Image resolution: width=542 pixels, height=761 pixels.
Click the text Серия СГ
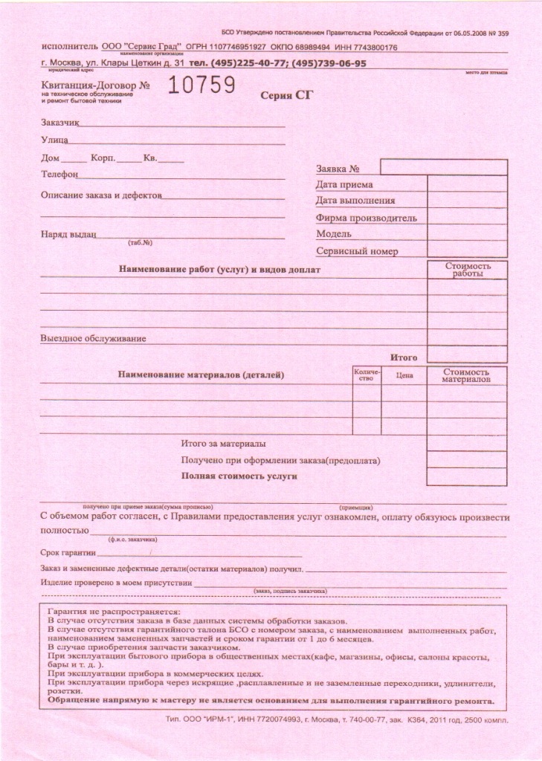[x=287, y=95]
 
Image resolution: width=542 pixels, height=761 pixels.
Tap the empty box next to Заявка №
[x=443, y=166]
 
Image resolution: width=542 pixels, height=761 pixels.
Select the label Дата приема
[x=344, y=184]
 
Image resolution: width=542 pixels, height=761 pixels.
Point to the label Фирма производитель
[x=366, y=218]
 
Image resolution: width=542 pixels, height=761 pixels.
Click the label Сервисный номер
[x=357, y=251]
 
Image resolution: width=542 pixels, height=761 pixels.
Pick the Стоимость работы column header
[x=468, y=269]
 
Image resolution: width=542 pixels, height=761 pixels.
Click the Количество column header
[x=367, y=375]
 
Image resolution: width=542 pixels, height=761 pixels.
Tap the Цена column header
[x=404, y=375]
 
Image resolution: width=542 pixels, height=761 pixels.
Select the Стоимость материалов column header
[x=466, y=375]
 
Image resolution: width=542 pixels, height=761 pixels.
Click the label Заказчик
[x=59, y=121]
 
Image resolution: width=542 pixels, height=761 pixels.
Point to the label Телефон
[x=59, y=175]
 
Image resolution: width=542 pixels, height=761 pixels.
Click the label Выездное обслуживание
[x=93, y=339]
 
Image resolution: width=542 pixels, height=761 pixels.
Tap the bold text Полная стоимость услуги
[x=239, y=476]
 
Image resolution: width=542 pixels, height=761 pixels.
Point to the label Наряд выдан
[x=68, y=235]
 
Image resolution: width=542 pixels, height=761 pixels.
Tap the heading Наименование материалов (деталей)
[x=201, y=375]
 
